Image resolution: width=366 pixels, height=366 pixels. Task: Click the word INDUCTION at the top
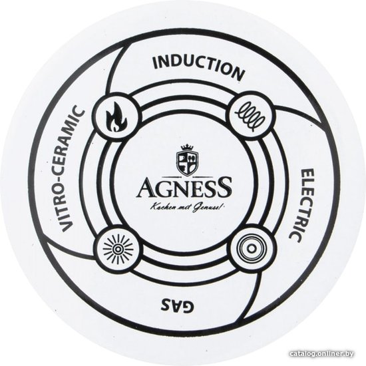point(199,67)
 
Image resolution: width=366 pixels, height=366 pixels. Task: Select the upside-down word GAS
point(177,303)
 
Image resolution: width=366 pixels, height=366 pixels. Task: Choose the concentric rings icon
point(251,249)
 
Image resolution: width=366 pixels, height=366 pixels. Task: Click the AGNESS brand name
point(184,187)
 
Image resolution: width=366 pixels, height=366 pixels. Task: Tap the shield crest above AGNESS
point(187,161)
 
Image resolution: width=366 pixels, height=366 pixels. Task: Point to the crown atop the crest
point(188,148)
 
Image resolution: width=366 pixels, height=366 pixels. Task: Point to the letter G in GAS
point(188,305)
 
